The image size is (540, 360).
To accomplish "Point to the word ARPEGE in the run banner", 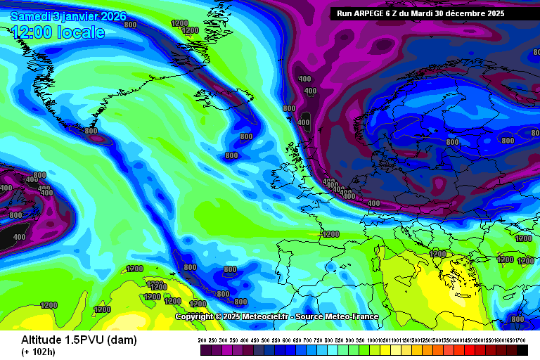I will (377, 13).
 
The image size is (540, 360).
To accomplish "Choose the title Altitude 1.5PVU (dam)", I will (78, 340).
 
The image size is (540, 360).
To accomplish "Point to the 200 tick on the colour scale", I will (202, 340).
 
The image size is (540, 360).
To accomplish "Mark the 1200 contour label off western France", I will (330, 234).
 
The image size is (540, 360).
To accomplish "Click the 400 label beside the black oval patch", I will (303, 122).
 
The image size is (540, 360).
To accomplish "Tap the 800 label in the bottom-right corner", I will (517, 319).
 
